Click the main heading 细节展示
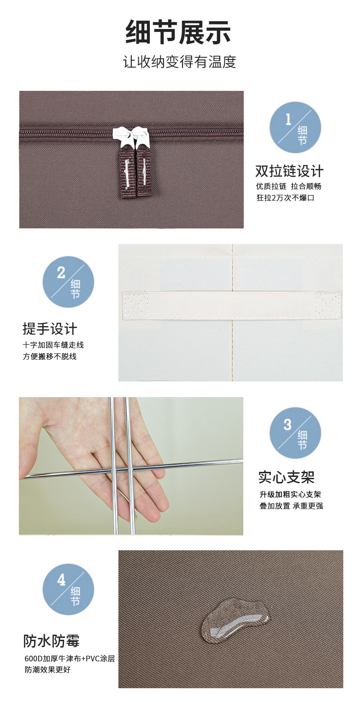[x=178, y=32]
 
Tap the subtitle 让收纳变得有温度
[x=179, y=62]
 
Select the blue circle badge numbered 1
[x=295, y=127]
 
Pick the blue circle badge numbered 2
[x=68, y=282]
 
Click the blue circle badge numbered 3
[x=295, y=433]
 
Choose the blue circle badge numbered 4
[x=68, y=589]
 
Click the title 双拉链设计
[x=289, y=171]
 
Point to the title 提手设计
[x=50, y=329]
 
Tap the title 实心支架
[x=287, y=477]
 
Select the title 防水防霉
[x=52, y=641]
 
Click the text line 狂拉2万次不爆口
[x=286, y=198]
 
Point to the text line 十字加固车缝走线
[x=53, y=345]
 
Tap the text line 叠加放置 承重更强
[x=291, y=506]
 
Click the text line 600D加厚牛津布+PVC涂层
[x=70, y=659]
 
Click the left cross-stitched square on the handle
[x=135, y=305]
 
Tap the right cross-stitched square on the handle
[x=328, y=305]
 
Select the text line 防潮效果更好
[x=48, y=670]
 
